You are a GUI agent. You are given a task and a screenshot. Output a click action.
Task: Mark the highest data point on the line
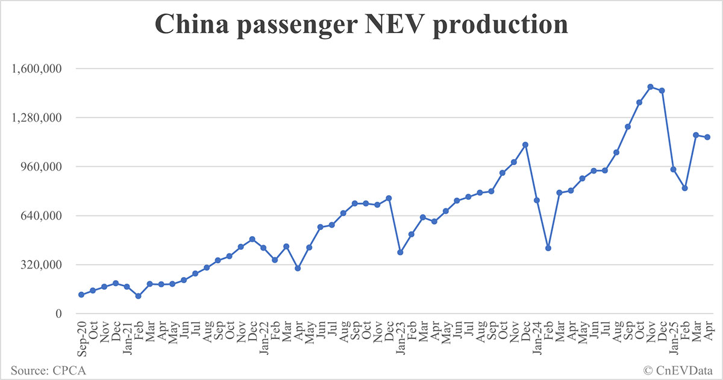pyautogui.click(x=650, y=87)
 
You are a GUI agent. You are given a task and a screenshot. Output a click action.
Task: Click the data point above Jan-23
pyautogui.click(x=400, y=252)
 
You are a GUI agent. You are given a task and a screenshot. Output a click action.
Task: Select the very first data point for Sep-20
pyautogui.click(x=81, y=294)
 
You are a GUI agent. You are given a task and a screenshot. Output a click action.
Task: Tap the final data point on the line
pyautogui.click(x=707, y=137)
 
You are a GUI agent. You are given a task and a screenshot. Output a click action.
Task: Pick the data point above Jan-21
pyautogui.click(x=127, y=287)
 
